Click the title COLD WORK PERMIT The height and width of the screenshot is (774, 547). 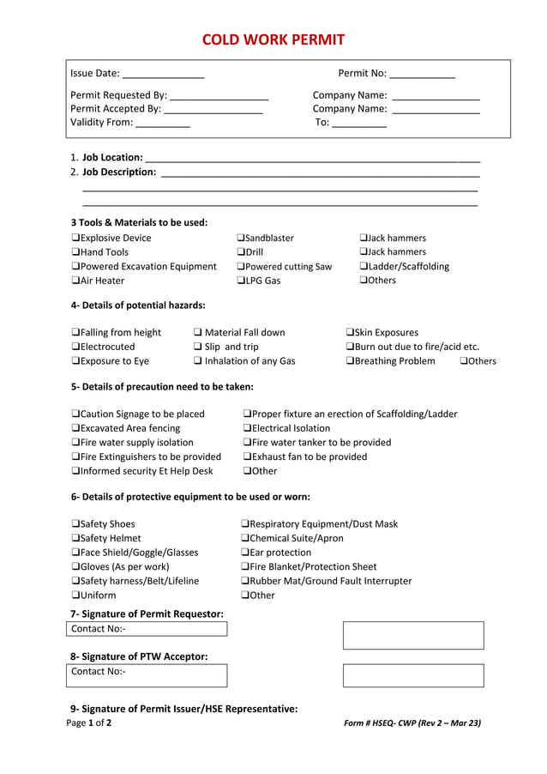point(273,39)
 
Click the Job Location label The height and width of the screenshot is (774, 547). point(111,158)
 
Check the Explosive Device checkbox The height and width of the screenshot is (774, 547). point(75,239)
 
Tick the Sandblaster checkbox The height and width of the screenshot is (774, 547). point(241,239)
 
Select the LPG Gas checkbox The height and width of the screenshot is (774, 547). point(241,281)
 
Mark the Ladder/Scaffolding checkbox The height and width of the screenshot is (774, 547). point(364,267)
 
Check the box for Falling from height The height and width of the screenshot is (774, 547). point(75,333)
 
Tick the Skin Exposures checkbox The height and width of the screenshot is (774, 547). point(350,333)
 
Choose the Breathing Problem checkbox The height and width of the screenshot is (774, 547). point(350,361)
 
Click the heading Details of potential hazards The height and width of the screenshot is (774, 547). point(138,305)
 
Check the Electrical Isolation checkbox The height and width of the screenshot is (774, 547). point(248,428)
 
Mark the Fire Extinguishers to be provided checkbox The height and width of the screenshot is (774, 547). point(75,457)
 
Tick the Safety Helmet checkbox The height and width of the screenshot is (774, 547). point(75,539)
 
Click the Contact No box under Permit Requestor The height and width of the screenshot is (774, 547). point(147,630)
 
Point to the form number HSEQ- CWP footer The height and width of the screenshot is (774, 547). point(412,723)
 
